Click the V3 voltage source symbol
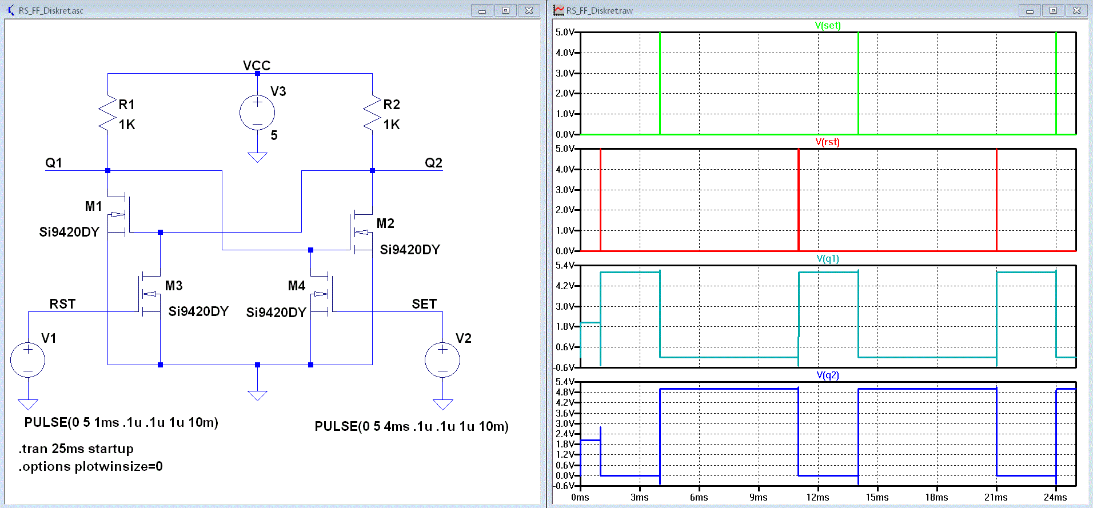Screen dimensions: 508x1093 [x=257, y=113]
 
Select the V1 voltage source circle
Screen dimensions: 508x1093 [x=28, y=360]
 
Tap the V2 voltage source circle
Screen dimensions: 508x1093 [x=442, y=360]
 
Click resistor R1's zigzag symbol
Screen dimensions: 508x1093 [x=107, y=114]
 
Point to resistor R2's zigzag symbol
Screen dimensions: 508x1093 [x=372, y=114]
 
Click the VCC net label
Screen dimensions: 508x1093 [x=257, y=65]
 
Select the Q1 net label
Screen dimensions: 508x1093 [x=54, y=163]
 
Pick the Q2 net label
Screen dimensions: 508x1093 [x=433, y=163]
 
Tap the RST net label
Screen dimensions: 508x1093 [x=62, y=304]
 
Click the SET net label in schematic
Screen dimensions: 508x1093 [x=424, y=304]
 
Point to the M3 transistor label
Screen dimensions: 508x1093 [x=174, y=286]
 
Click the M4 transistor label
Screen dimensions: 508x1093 [x=297, y=286]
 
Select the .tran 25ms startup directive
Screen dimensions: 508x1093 [x=76, y=449]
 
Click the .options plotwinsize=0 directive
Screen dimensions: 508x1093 [x=91, y=466]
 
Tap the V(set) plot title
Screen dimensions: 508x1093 [x=828, y=25]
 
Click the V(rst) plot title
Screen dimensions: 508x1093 [x=828, y=142]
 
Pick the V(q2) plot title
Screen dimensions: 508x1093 [x=828, y=375]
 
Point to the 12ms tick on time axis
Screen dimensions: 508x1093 [x=818, y=497]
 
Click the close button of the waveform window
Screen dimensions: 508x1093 [x=1076, y=10]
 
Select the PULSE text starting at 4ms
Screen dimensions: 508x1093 [x=412, y=426]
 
